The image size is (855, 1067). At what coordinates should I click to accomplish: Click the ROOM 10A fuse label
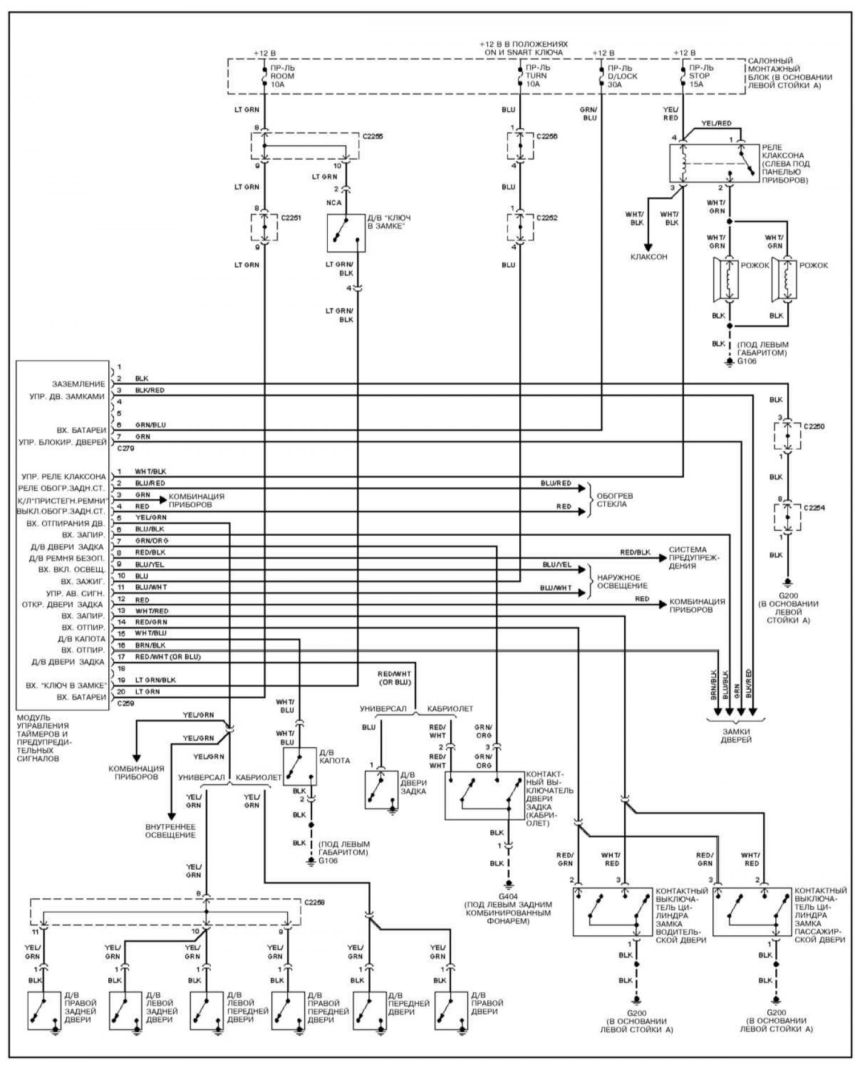pyautogui.click(x=282, y=76)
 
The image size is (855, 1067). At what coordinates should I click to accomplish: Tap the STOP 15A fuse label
pyautogui.click(x=699, y=76)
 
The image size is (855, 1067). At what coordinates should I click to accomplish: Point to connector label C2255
pyautogui.click(x=373, y=137)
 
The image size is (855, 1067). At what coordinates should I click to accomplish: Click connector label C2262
pyautogui.click(x=547, y=218)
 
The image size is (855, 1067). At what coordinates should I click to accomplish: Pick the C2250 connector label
pyautogui.click(x=814, y=426)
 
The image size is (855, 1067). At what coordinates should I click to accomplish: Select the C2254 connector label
pyautogui.click(x=814, y=507)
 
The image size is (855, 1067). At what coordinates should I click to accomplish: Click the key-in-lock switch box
pyautogui.click(x=346, y=233)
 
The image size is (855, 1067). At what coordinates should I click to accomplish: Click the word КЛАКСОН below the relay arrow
pyautogui.click(x=648, y=257)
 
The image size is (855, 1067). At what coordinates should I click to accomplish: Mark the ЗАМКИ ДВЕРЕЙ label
pyautogui.click(x=735, y=735)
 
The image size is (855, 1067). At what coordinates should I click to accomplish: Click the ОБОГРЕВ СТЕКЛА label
pyautogui.click(x=614, y=500)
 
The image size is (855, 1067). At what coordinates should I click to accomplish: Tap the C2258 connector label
pyautogui.click(x=316, y=903)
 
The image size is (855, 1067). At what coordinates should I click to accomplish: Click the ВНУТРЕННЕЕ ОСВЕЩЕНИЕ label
pyautogui.click(x=170, y=830)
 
